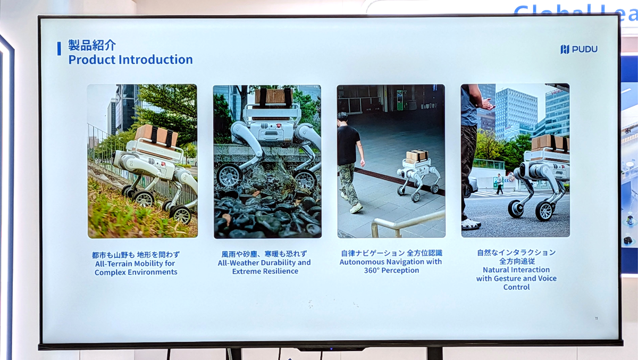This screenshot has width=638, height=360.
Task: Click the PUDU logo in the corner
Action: click(x=579, y=49)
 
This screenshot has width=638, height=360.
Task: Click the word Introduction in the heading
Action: click(x=155, y=60)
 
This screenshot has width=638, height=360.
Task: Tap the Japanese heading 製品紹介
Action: click(x=91, y=45)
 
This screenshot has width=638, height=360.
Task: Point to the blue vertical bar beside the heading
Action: click(x=59, y=48)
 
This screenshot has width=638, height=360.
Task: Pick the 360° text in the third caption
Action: click(x=372, y=270)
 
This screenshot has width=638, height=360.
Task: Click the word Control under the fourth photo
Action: click(x=516, y=287)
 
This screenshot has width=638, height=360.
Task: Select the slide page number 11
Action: click(x=597, y=319)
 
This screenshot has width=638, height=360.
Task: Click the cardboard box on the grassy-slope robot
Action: click(x=156, y=136)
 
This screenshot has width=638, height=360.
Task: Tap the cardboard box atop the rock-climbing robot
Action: click(x=273, y=96)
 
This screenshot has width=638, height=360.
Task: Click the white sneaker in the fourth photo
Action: click(x=471, y=224)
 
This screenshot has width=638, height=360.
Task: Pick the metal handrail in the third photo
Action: click(x=407, y=223)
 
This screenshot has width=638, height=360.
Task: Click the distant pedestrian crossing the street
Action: click(x=499, y=184)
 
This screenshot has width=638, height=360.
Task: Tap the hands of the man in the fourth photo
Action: click(x=488, y=104)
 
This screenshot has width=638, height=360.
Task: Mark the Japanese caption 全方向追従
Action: click(x=517, y=261)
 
